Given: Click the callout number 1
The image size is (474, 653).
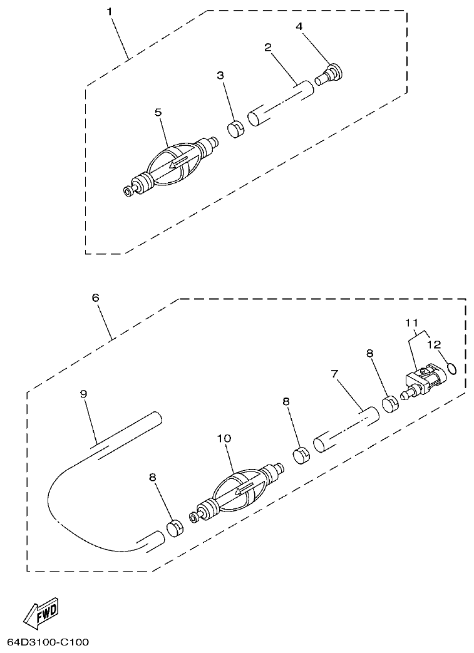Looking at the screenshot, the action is pyautogui.click(x=110, y=12).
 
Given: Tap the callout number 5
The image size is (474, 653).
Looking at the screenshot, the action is pyautogui.click(x=158, y=112).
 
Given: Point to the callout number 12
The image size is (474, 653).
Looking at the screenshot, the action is pyautogui.click(x=434, y=344).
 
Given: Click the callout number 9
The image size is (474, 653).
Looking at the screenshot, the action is pyautogui.click(x=83, y=393).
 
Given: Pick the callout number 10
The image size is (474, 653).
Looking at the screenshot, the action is pyautogui.click(x=224, y=439).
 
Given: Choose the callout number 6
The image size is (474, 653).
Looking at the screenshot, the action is pyautogui.click(x=96, y=298).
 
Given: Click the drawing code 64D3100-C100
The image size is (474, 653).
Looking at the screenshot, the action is pyautogui.click(x=48, y=642).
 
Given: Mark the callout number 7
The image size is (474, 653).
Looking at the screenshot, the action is pyautogui.click(x=334, y=374).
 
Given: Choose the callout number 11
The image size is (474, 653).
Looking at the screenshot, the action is pyautogui.click(x=411, y=324).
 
